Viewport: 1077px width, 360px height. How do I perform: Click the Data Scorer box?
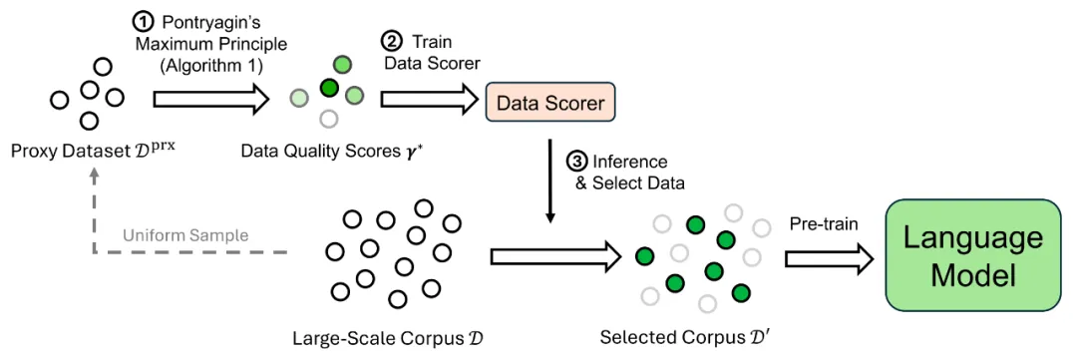[550, 103]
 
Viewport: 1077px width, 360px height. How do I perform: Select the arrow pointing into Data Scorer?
[429, 101]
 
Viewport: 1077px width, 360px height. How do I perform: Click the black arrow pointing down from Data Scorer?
[549, 180]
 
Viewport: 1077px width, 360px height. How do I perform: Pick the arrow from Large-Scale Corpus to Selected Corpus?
[550, 257]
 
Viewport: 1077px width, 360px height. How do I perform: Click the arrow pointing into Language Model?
[830, 257]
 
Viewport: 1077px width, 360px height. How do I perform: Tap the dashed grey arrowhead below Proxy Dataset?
[94, 176]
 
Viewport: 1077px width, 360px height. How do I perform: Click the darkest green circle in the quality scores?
[330, 87]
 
